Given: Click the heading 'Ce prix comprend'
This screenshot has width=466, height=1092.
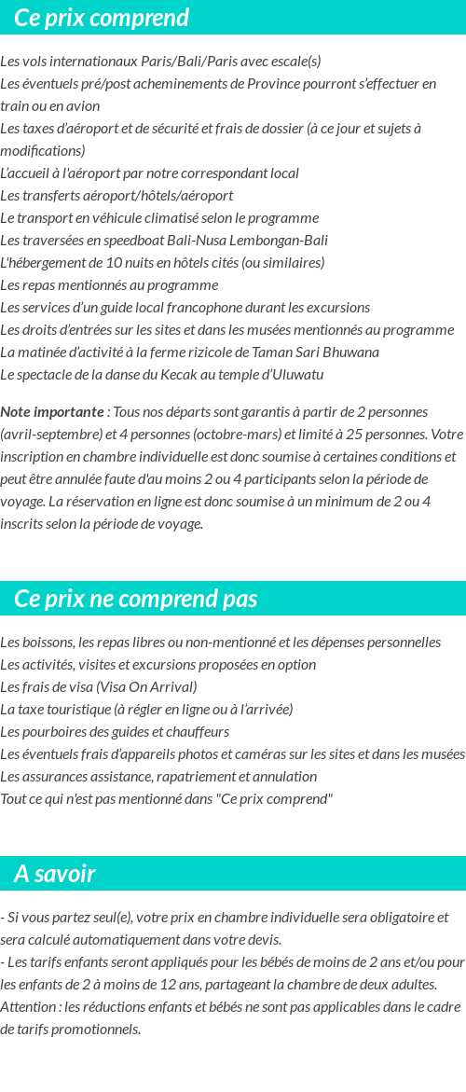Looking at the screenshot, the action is [x=102, y=18].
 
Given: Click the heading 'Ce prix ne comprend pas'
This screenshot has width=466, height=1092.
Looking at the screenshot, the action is [x=136, y=599].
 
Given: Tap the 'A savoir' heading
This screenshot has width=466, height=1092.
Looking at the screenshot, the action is [x=55, y=874].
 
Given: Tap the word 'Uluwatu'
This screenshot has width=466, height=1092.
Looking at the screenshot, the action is [x=294, y=375].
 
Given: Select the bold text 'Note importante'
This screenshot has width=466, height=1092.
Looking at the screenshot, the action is [x=52, y=411].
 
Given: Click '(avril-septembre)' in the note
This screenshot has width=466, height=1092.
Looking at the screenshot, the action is [x=48, y=434].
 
